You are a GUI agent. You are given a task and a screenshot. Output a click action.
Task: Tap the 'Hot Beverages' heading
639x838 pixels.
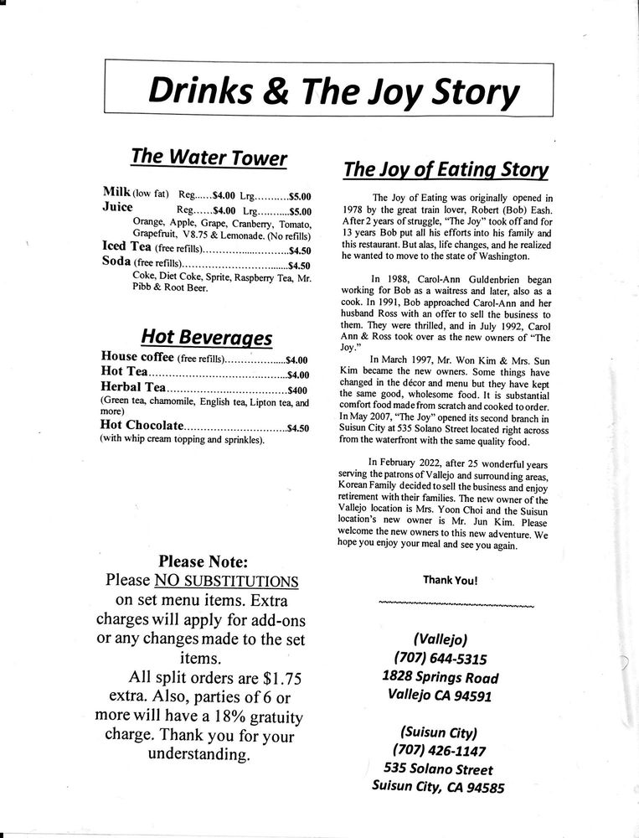[206, 337]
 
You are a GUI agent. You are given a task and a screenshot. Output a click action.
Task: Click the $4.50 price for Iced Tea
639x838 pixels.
[299, 250]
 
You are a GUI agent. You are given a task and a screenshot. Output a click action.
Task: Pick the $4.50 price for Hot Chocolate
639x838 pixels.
[298, 427]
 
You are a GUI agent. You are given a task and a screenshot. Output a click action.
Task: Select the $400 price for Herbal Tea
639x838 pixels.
[298, 390]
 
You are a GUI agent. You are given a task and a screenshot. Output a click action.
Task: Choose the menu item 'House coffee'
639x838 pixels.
[137, 358]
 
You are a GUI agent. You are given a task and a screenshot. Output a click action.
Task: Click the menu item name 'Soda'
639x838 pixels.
[115, 264]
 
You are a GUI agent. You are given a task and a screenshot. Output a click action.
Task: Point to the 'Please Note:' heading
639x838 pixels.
[203, 561]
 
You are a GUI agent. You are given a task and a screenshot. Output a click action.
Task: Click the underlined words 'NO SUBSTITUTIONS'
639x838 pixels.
[226, 580]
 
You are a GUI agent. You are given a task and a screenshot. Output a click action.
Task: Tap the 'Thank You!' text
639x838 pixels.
[450, 579]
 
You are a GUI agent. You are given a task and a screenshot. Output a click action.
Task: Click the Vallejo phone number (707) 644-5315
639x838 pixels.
[440, 658]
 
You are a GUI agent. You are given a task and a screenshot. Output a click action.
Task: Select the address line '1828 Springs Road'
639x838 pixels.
[440, 677]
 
